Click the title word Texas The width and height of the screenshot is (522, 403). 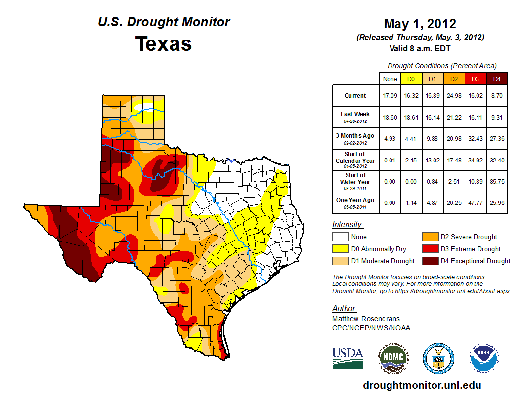[x=164, y=43]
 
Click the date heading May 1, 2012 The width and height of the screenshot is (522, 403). [x=420, y=24]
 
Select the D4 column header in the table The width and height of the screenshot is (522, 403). [x=497, y=79]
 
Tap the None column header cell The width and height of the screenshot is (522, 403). [x=390, y=79]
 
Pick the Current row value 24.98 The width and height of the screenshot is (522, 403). [x=454, y=96]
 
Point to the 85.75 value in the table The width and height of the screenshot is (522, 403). [x=497, y=181]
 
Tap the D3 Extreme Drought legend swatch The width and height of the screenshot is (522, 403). [x=430, y=249]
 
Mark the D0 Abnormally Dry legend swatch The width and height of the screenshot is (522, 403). [x=340, y=249]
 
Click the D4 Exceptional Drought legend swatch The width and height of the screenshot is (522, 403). [x=430, y=261]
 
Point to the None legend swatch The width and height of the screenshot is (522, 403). [x=340, y=237]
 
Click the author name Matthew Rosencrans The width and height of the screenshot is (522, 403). [x=366, y=319]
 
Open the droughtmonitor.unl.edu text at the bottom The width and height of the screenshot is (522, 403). [x=422, y=385]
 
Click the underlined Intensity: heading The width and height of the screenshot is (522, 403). [x=348, y=225]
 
